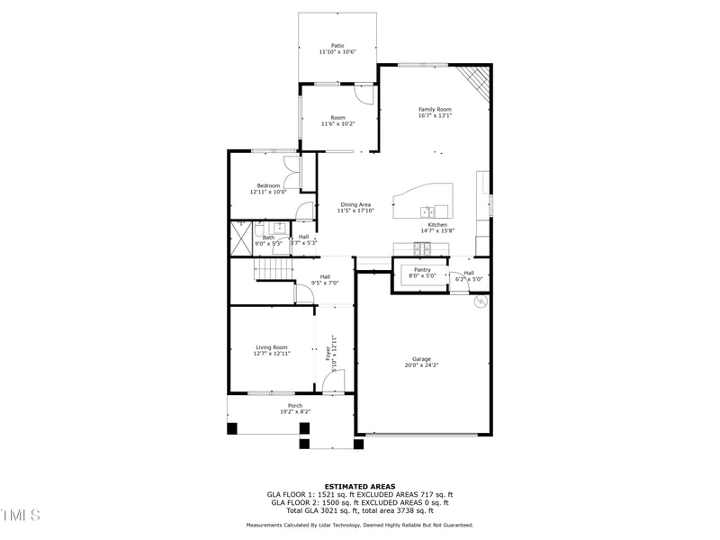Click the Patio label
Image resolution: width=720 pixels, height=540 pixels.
coord(337,45)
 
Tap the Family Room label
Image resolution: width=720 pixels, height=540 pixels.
coord(435,109)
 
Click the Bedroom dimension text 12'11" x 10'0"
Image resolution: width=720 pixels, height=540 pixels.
coord(268,192)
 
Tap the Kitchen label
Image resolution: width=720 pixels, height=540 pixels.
coord(437,224)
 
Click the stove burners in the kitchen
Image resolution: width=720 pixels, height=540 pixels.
coord(423,247)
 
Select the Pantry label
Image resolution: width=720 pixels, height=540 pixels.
coord(422,269)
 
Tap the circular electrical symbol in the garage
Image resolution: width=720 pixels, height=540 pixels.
coord(480,302)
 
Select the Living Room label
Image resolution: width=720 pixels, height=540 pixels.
coord(272,346)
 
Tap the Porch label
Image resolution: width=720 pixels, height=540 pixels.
coord(295,405)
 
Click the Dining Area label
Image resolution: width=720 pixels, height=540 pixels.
coord(355,204)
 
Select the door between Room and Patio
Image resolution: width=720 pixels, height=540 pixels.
coord(362,93)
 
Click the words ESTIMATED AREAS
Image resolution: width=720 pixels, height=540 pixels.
coord(360,486)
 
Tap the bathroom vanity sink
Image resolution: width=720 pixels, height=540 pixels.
coord(279,228)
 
